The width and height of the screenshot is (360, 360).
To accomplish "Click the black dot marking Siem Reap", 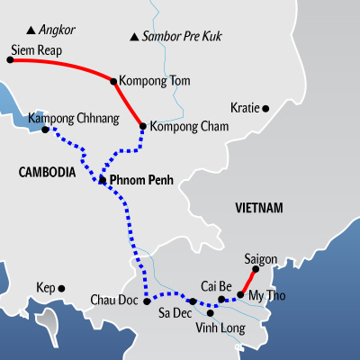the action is [10, 59].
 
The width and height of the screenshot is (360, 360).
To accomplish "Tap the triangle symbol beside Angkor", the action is [31, 31].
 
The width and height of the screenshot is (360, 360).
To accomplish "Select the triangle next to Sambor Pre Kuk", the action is [134, 37].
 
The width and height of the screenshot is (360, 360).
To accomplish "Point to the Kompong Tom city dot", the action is [113, 81].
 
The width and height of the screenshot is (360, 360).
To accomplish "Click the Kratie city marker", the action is [265, 109].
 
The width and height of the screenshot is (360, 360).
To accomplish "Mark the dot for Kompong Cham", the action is [143, 126].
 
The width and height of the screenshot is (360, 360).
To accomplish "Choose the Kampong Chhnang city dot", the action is [45, 130].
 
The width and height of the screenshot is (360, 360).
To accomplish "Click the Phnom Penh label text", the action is [141, 180].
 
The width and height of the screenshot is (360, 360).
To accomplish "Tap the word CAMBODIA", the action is [47, 172].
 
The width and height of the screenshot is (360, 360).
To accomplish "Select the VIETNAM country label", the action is [259, 208].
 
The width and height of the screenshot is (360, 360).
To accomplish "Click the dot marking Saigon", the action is [256, 269].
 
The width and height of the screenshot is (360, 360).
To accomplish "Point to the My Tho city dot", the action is [240, 294].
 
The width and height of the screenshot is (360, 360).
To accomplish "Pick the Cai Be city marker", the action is [221, 299].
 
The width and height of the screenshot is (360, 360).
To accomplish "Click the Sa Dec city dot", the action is [193, 301].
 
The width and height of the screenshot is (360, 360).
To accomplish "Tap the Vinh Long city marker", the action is [211, 313].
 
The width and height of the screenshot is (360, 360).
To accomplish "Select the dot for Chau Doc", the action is [147, 301].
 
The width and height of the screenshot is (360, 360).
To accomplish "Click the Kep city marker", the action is [61, 289].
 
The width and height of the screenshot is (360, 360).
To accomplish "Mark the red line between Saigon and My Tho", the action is [248, 282].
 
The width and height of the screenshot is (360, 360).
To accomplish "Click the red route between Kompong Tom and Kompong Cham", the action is [128, 103].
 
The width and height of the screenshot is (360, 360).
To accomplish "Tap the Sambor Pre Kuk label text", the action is [182, 36].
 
